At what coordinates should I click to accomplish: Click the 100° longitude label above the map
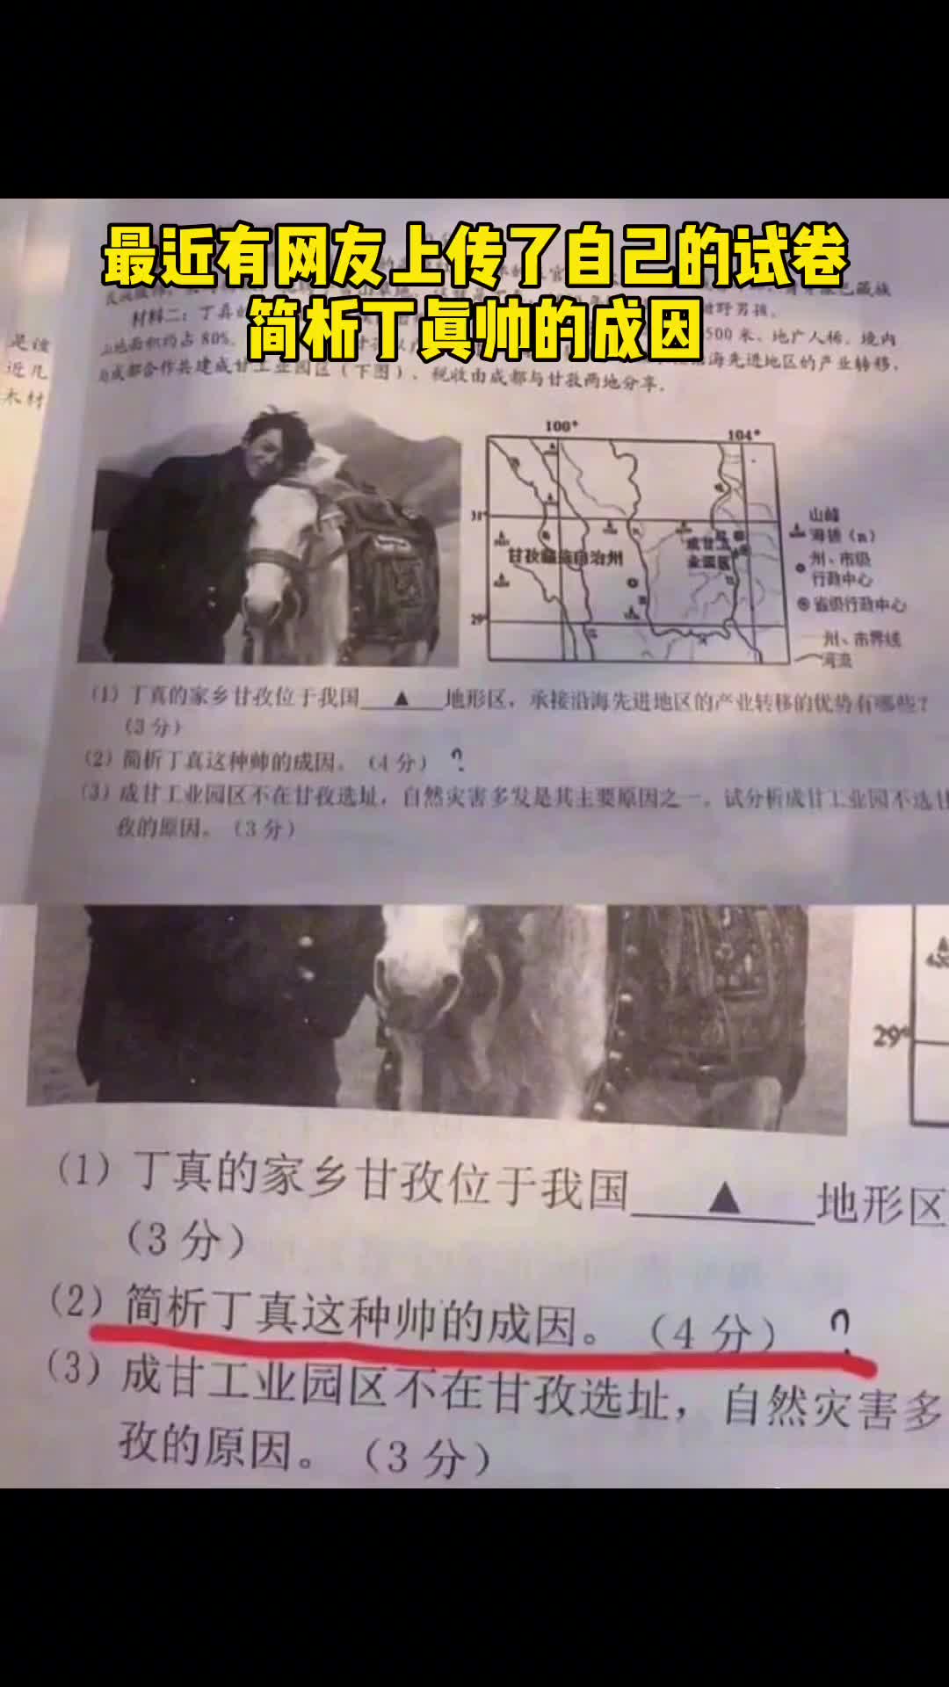coord(561,427)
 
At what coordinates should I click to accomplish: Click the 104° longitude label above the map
coord(743,434)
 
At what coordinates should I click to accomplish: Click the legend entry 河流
coord(836,659)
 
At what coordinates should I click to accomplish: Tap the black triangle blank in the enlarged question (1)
coord(723,1198)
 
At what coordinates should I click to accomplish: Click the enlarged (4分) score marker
coord(713,1334)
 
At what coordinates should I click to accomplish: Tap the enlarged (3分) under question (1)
coord(185,1240)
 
